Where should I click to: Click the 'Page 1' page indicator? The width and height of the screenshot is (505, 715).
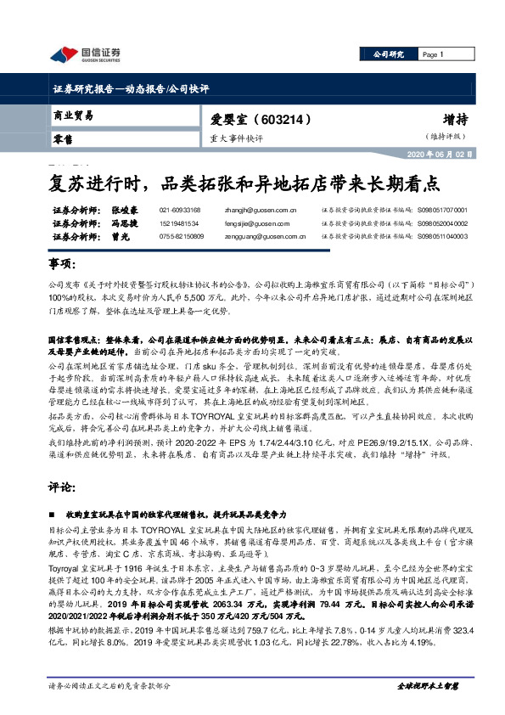coord(435,54)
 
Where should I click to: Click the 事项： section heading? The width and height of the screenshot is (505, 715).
coord(57,265)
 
